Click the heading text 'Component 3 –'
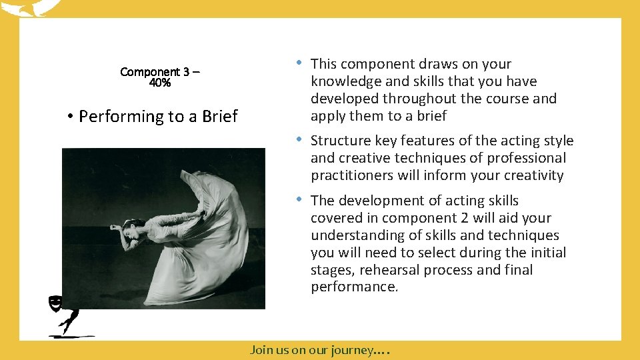point(160,71)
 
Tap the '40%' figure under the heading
point(160,83)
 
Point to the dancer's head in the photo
point(133,227)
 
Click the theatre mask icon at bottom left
point(55,304)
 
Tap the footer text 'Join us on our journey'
point(311,349)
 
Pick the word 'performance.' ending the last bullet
point(354,287)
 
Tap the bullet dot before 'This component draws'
point(301,63)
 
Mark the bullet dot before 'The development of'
point(301,199)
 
